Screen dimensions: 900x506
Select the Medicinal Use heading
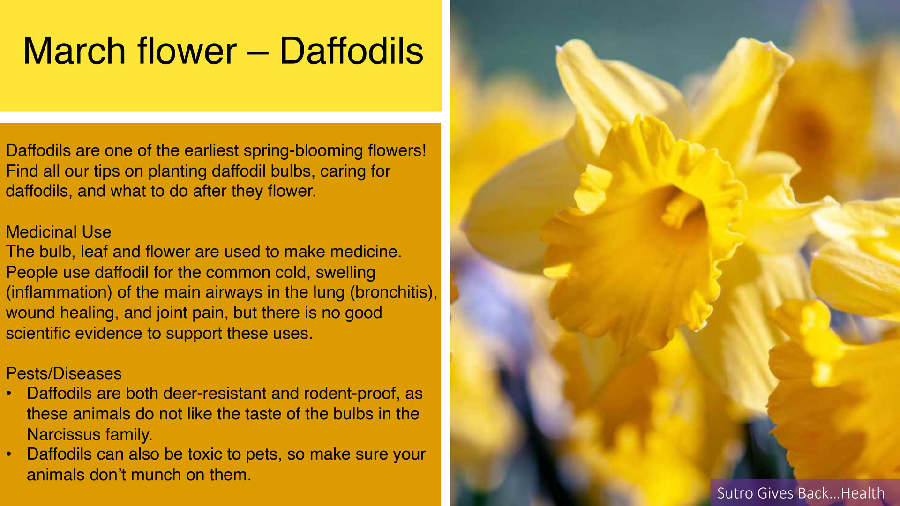click(x=59, y=232)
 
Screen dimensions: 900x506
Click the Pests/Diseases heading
click(x=64, y=373)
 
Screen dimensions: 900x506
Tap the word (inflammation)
click(x=59, y=292)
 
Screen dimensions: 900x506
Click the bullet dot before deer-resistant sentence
click(x=9, y=394)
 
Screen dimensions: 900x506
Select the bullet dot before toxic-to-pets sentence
click(x=9, y=455)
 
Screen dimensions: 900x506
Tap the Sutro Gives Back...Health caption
click(x=801, y=493)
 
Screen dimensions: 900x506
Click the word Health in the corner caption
click(x=862, y=493)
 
